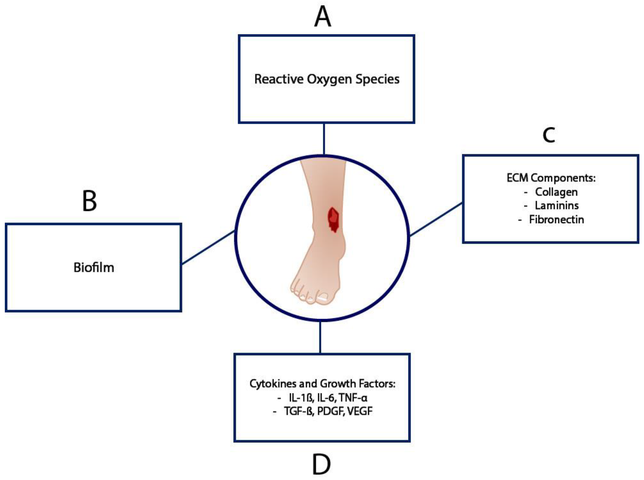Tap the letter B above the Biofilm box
(x=89, y=201)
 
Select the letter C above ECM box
(x=548, y=135)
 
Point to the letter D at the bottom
(x=321, y=465)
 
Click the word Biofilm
(x=94, y=268)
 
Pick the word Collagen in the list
(x=556, y=192)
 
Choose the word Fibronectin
(x=556, y=219)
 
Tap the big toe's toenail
(x=322, y=298)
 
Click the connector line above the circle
(x=324, y=139)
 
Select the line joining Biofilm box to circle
(x=208, y=248)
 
